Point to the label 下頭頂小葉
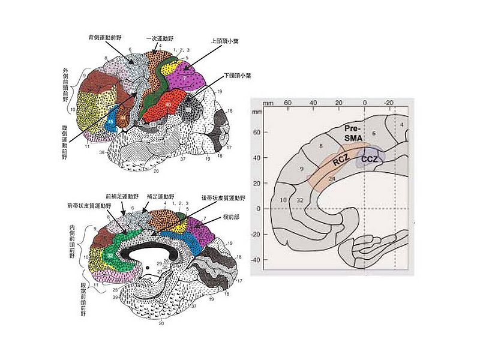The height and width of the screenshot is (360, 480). [236, 76]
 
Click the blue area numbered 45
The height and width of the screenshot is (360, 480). [110, 121]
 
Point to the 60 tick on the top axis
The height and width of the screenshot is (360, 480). [287, 103]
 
